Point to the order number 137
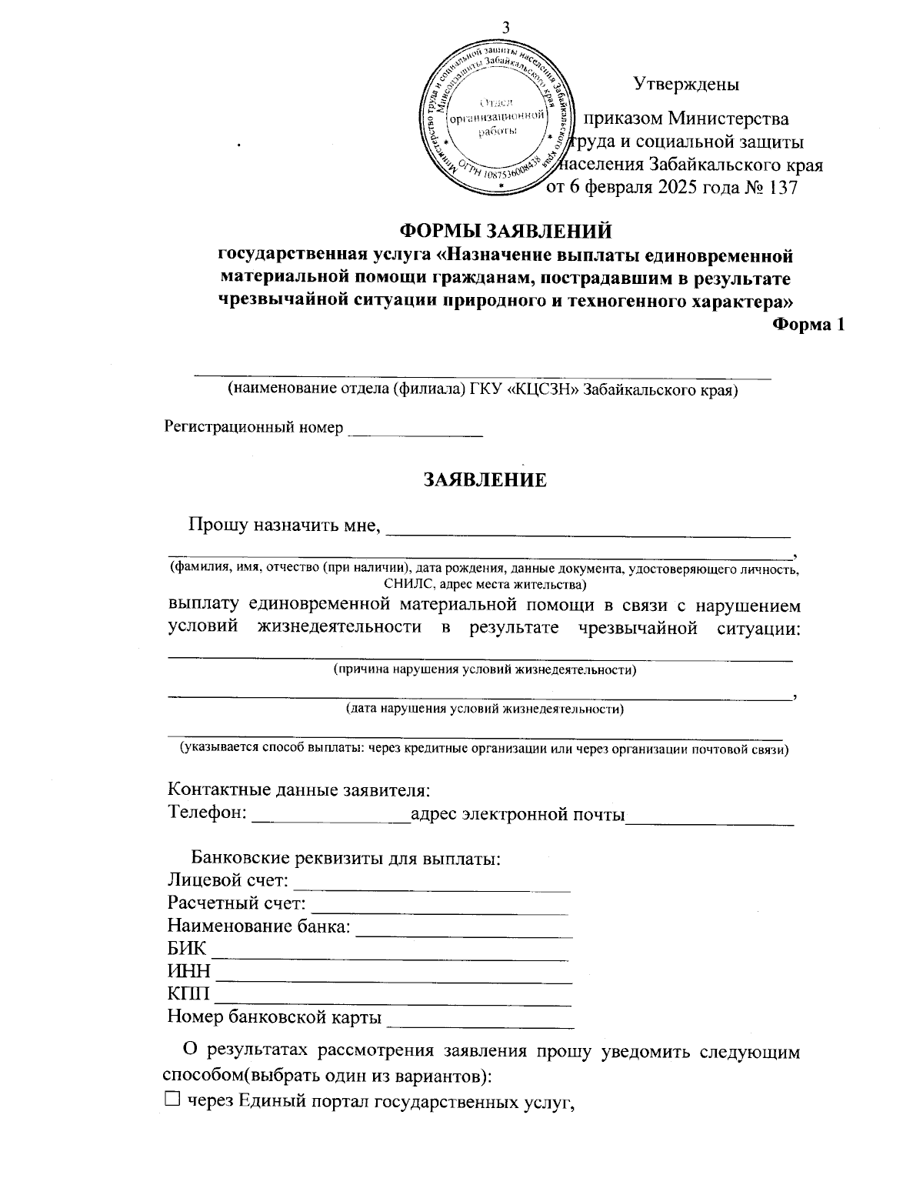783,189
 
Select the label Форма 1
808,325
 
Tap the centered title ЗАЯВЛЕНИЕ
485,480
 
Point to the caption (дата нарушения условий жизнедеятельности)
485,709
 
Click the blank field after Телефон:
332,816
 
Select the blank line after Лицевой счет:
432,882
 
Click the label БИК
187,950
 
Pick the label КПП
188,996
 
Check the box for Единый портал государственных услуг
172,1101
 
